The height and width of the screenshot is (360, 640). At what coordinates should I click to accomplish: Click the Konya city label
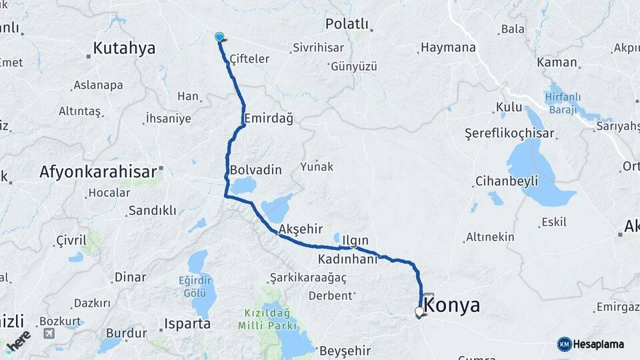[x=452, y=305]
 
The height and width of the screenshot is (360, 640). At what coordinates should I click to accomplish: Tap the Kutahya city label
[x=124, y=48]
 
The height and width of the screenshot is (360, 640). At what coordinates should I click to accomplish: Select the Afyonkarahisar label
[x=97, y=171]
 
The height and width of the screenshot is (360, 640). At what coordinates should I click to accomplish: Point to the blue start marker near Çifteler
[x=219, y=37]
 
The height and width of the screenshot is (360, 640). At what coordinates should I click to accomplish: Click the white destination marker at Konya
[x=419, y=311]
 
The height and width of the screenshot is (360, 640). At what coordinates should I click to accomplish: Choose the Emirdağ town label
[x=269, y=118]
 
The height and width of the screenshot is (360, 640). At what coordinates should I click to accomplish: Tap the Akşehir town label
[x=295, y=229]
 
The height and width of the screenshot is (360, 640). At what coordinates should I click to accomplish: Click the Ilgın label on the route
[x=355, y=240]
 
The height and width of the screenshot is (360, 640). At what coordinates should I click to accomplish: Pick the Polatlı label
[x=347, y=24]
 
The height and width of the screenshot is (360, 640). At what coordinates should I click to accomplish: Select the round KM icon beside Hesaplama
[x=565, y=344]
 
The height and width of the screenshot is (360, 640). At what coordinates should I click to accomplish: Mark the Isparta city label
[x=187, y=324]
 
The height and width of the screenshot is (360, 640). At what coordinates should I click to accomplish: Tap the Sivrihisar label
[x=317, y=49]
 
